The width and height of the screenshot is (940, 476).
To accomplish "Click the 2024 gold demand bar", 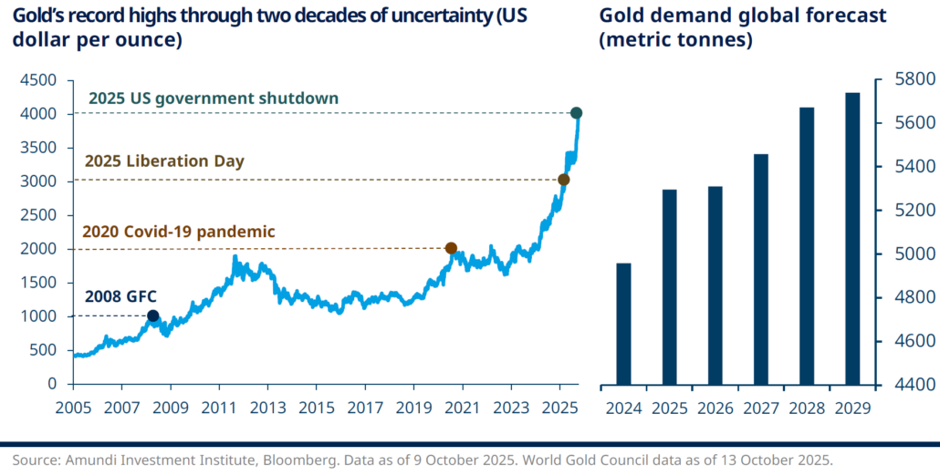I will tap(623, 324).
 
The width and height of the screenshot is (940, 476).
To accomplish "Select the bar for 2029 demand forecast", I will tap(851, 239).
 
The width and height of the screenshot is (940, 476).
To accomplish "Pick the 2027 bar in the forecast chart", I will tap(761, 269).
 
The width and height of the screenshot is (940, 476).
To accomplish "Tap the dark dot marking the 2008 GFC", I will tap(152, 316).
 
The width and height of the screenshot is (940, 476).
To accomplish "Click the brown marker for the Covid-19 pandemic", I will tap(451, 248).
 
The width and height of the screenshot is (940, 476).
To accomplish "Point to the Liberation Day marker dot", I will tap(564, 180).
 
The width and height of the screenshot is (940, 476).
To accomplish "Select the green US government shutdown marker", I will tap(577, 113).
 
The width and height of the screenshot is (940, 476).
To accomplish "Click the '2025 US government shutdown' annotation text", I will tap(214, 98).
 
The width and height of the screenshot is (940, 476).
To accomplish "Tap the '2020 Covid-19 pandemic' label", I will tap(178, 232).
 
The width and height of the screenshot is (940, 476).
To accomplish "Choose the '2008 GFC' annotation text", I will tap(121, 296).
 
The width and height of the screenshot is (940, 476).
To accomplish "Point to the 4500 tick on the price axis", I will tap(43, 80).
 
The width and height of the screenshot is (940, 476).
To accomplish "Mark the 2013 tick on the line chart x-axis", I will tap(266, 409).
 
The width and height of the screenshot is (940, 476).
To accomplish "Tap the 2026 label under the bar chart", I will tap(715, 409).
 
